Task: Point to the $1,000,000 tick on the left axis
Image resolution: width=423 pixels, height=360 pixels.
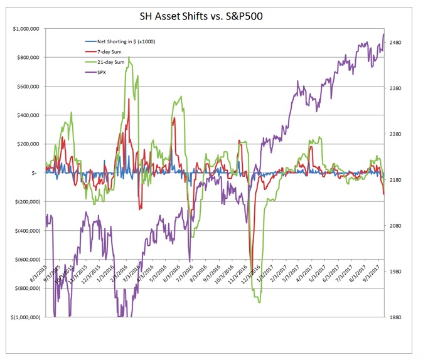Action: (25, 29)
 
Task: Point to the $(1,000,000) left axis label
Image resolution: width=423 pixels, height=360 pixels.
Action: (24, 317)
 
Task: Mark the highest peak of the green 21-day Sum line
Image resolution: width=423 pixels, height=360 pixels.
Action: (129, 58)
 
